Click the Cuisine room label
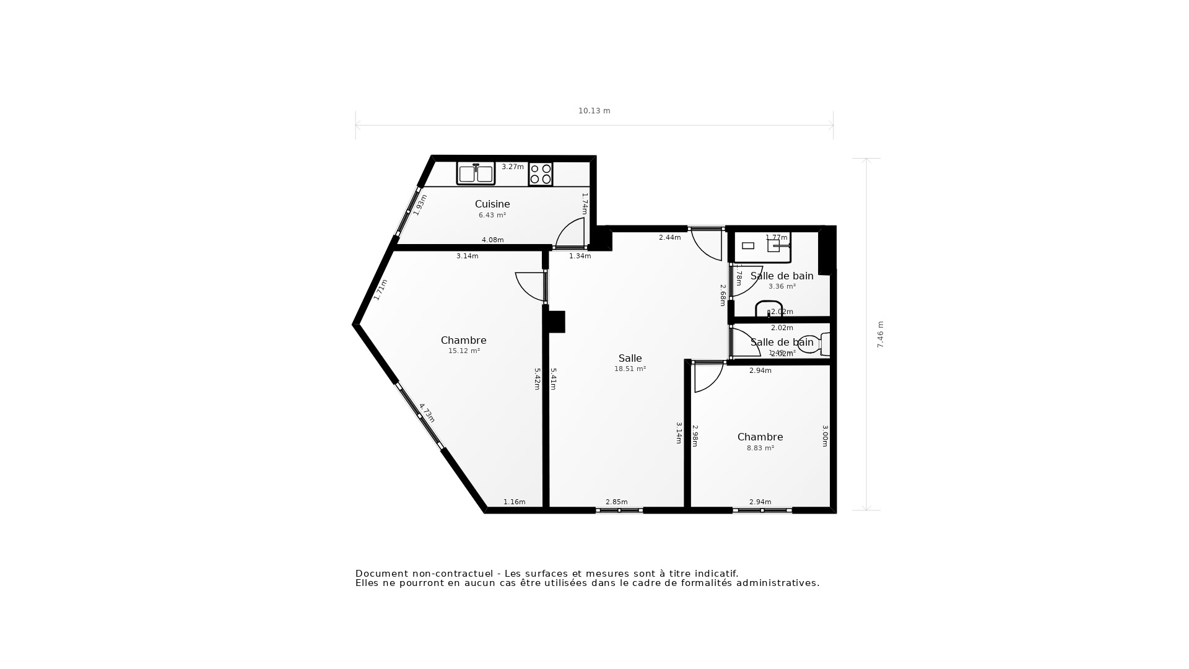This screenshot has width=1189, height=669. (492, 204)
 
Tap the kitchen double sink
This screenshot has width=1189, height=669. (476, 173)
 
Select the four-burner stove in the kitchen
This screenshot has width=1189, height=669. (541, 173)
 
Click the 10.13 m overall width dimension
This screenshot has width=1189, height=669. (594, 111)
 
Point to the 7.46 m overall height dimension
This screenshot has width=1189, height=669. (880, 334)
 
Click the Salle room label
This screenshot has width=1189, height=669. (630, 358)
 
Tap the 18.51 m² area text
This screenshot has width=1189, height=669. (630, 369)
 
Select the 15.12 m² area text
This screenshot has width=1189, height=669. (464, 351)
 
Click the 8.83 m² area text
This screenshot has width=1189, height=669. (760, 448)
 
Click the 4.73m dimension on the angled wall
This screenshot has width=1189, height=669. (427, 413)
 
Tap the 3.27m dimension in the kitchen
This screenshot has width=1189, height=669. (512, 167)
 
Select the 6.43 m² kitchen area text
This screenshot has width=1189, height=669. (492, 215)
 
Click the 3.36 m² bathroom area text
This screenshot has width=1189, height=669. (782, 286)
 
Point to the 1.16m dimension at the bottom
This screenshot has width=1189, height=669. (514, 502)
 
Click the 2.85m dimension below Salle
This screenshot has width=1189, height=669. (616, 502)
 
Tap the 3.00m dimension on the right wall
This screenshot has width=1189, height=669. (825, 435)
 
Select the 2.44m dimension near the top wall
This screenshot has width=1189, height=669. (669, 237)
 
